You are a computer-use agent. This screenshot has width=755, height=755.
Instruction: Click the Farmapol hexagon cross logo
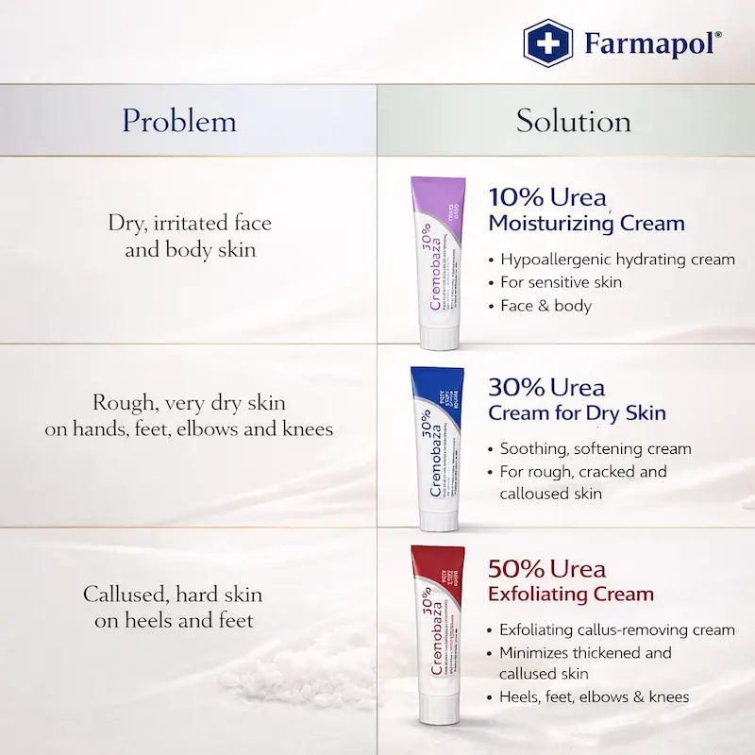[x=547, y=43]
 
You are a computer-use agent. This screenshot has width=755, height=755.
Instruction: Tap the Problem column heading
[x=178, y=121]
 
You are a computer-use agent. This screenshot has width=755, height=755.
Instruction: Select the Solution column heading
[x=573, y=121]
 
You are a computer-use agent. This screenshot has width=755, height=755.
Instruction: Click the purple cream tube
[x=437, y=255]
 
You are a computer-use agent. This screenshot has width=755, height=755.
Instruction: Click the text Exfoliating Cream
[x=570, y=595]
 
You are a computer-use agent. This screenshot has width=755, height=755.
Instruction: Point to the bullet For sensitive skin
[x=561, y=282]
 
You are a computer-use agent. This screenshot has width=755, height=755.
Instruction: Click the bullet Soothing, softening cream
[x=596, y=449]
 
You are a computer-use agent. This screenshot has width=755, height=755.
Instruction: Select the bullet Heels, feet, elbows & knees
[x=594, y=697]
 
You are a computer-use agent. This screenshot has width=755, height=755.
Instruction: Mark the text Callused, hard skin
[x=173, y=596]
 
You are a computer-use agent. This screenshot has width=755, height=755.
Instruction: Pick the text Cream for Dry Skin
[x=577, y=413]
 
